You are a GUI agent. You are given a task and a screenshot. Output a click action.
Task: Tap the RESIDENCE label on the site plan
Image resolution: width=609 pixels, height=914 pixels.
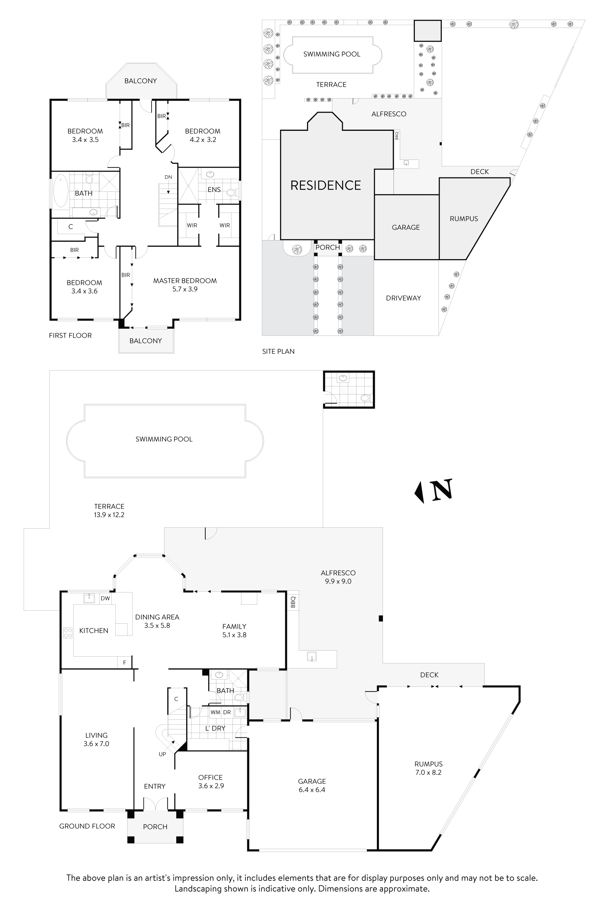pos(326,185)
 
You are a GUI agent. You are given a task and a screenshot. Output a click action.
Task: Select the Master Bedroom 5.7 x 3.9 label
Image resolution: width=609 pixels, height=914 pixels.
pos(185,285)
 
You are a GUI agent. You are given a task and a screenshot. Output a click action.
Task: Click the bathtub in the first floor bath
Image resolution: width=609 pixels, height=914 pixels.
pos(60,190)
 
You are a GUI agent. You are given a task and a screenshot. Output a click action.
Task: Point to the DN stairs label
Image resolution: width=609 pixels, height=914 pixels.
pos(168,177)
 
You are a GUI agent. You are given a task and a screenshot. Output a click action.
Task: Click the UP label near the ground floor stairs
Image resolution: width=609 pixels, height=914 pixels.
pos(162,754)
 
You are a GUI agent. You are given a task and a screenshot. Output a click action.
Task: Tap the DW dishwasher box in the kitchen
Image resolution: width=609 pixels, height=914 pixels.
pos(105,599)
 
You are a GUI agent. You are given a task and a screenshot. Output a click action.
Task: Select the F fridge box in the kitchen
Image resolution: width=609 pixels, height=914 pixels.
pos(125,663)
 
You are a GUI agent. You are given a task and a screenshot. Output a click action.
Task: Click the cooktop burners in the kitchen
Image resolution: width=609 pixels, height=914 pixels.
pos(68,633)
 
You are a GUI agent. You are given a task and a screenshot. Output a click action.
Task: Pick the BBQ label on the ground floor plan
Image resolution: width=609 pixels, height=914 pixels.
pos(293,602)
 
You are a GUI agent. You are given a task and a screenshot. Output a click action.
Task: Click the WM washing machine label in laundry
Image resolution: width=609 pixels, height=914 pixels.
pos(215,712)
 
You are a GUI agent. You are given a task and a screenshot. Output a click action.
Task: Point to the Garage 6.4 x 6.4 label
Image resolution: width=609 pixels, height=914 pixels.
pos(312,785)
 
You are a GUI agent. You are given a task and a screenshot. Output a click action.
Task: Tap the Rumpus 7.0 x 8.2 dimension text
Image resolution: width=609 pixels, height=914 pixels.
pos(428,772)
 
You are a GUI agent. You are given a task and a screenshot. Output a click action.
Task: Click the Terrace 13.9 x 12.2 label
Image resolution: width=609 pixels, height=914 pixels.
pos(109,511)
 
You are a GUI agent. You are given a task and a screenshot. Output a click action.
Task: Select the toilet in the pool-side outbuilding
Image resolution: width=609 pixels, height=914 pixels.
pos(365,398)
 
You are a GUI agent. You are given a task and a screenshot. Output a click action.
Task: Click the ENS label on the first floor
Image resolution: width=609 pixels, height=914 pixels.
pos(214,190)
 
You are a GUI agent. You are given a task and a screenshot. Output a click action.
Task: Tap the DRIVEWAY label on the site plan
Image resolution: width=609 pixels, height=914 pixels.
pos(403,298)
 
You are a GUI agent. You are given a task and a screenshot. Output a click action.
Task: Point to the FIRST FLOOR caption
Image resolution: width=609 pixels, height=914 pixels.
pos(70,335)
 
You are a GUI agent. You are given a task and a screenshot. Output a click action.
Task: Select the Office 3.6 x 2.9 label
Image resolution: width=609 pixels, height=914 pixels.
pos(211,781)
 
